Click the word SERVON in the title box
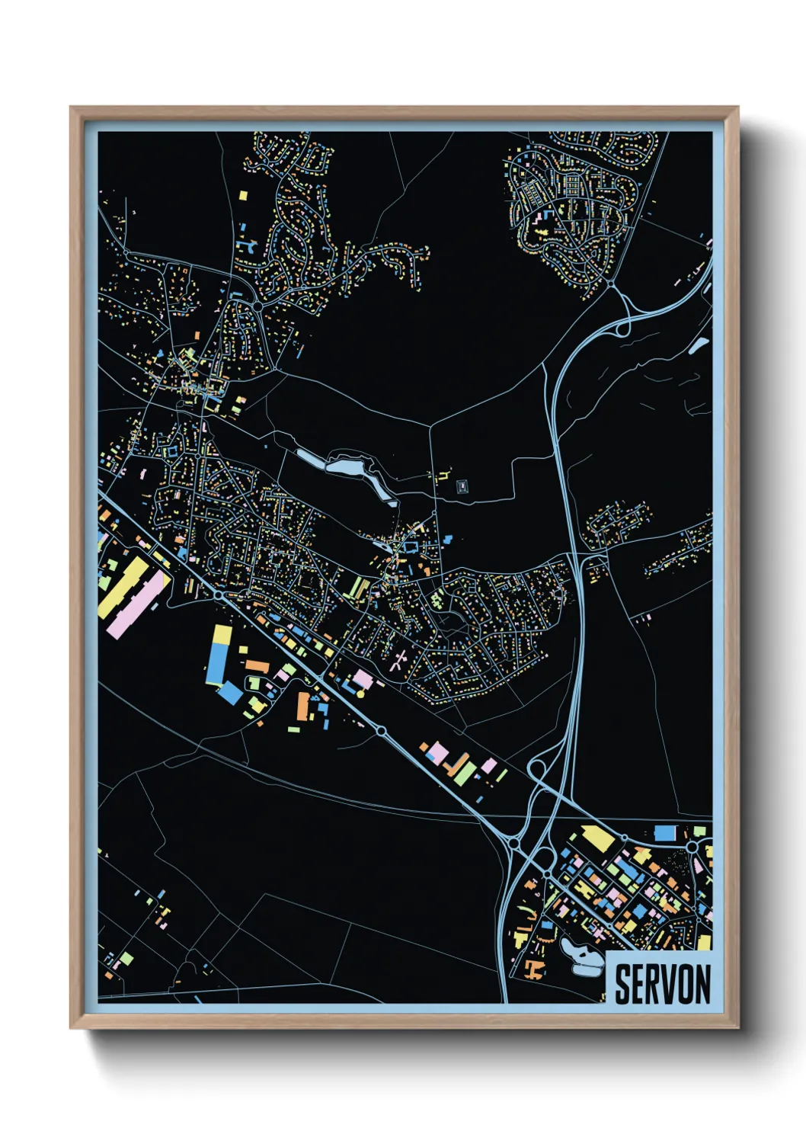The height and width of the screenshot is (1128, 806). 662,984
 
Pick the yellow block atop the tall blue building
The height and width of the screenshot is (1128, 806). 221,634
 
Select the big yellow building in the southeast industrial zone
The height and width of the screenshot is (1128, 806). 599,838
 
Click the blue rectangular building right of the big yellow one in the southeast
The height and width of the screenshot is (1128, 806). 664,832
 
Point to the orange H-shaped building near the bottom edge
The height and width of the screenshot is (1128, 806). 534,969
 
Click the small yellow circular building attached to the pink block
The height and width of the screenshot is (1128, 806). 360,693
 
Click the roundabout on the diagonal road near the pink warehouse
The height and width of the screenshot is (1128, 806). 219,594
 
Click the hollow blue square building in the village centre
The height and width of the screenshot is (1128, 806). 411,546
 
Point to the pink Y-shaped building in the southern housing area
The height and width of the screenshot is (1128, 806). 398,662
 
